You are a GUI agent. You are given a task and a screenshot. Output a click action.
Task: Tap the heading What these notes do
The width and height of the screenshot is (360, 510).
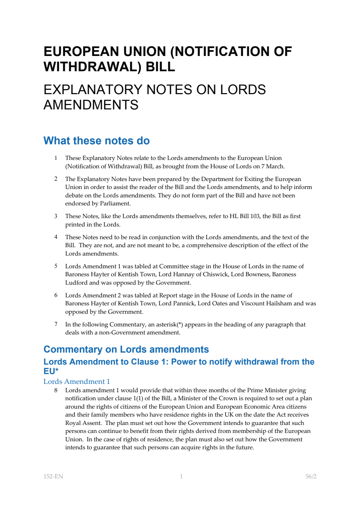point(97,141)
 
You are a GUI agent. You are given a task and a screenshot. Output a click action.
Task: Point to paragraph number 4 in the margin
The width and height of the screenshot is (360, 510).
point(56,237)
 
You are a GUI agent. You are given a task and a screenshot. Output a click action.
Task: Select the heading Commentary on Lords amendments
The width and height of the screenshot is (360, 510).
point(126,349)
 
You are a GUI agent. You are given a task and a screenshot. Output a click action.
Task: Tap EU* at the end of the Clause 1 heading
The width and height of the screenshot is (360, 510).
point(51,371)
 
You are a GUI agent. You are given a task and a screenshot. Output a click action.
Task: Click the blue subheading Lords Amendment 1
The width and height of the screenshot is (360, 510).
point(77,381)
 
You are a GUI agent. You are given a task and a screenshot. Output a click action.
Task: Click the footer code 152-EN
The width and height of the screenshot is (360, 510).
point(53,477)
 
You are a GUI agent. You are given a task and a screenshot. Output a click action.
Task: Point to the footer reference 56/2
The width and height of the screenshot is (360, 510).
point(311,477)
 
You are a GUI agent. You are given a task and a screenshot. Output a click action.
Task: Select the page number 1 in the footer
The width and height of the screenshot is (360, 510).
point(181,477)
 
